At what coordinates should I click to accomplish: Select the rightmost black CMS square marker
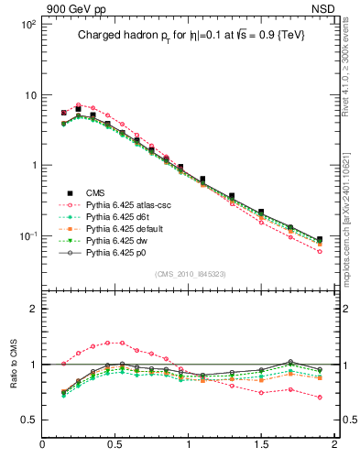click(x=319, y=240)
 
